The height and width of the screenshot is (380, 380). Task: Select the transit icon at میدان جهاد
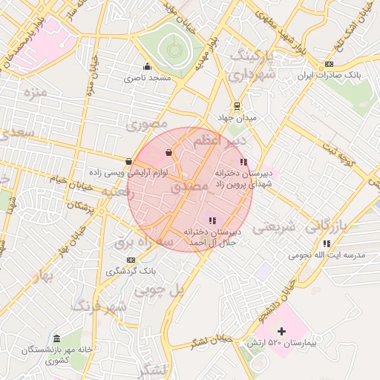(x=237, y=105)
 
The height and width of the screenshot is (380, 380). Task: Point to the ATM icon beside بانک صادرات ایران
(x=328, y=65)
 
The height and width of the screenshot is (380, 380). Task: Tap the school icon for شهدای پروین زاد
(x=243, y=162)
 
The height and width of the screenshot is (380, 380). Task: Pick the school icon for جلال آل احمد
(x=212, y=220)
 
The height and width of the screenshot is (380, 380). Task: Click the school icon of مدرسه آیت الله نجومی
(x=327, y=243)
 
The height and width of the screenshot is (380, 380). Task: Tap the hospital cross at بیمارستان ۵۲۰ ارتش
(x=281, y=331)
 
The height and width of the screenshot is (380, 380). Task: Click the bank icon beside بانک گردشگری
(x=131, y=260)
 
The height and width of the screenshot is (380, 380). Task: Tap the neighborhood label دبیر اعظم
(x=222, y=141)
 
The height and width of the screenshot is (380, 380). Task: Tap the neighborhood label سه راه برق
(x=145, y=241)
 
